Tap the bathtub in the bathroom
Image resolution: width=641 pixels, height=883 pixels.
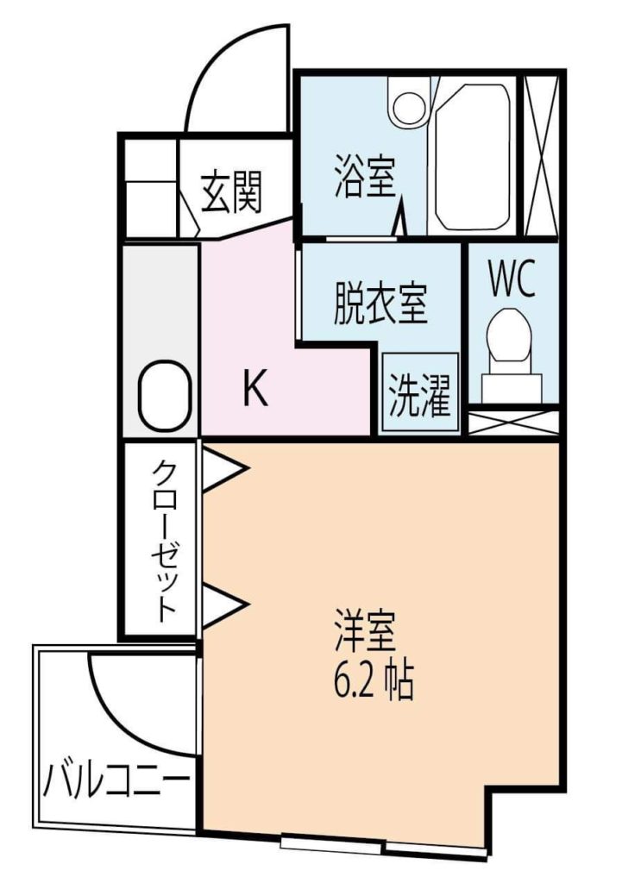click(473, 157)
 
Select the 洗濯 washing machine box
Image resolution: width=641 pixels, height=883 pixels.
click(420, 393)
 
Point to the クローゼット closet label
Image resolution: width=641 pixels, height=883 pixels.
click(165, 541)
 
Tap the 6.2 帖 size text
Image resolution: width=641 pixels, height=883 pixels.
click(374, 680)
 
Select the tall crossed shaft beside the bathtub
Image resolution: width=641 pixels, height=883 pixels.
click(541, 155)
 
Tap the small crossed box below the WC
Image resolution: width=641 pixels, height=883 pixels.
click(513, 423)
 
